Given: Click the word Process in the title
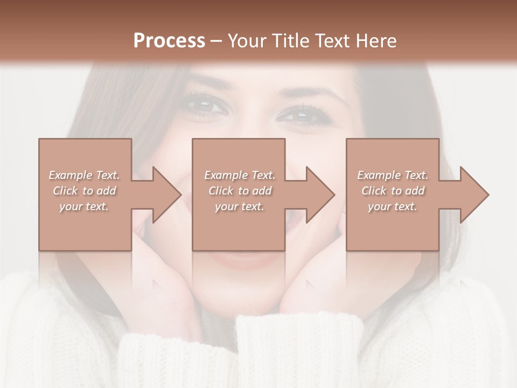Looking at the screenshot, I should click(x=169, y=40).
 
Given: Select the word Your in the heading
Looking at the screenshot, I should click(x=247, y=40).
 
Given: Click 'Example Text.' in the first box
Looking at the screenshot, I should click(x=84, y=175).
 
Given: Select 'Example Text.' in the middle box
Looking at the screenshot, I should click(x=240, y=175).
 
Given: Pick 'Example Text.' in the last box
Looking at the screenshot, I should click(x=393, y=175).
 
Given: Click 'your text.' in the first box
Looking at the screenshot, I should click(x=84, y=206).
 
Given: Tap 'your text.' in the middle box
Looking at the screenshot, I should click(x=240, y=206).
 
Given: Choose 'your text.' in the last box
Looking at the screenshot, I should click(x=393, y=206).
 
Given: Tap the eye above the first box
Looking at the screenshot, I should click(x=206, y=105).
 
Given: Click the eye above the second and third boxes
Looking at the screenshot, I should click(x=302, y=114).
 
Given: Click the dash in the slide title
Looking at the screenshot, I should click(x=216, y=41).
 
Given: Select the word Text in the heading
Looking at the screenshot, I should click(x=332, y=40).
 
